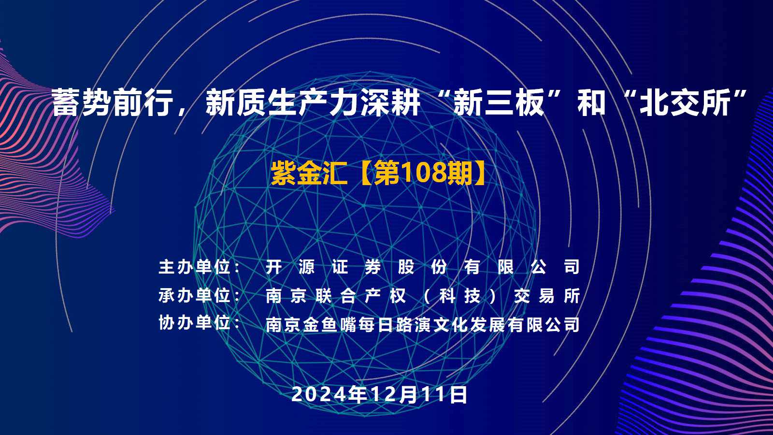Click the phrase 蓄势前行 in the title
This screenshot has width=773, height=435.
[x=113, y=102]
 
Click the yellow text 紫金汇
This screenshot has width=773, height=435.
[x=309, y=173]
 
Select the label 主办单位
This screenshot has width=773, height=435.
[x=194, y=267]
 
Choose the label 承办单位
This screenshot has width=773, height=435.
[x=194, y=295]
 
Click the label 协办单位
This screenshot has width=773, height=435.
[x=194, y=323]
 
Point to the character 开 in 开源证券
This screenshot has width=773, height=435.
[x=274, y=267]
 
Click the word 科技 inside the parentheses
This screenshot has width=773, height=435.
[x=460, y=296]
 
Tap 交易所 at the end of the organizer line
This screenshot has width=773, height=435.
[x=547, y=296]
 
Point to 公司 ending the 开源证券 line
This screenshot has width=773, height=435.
[x=555, y=267]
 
